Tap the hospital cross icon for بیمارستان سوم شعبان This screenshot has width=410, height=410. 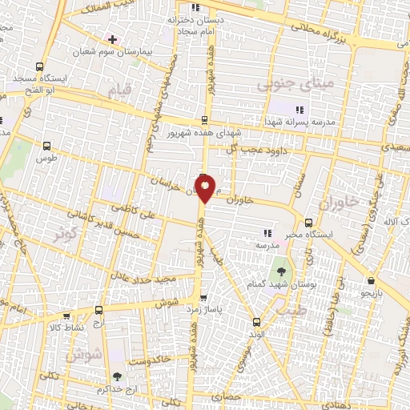(x=112, y=39)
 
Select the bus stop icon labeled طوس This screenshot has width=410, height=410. (x=46, y=147)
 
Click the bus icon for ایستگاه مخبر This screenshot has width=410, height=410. (x=309, y=223)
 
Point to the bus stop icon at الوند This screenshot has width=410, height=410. (x=255, y=322)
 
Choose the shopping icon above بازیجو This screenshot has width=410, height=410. (x=372, y=281)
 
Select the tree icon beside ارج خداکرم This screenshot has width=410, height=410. (x=118, y=376)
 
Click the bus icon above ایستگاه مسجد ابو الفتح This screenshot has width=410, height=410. (x=40, y=67)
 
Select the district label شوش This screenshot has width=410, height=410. (x=91, y=352)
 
